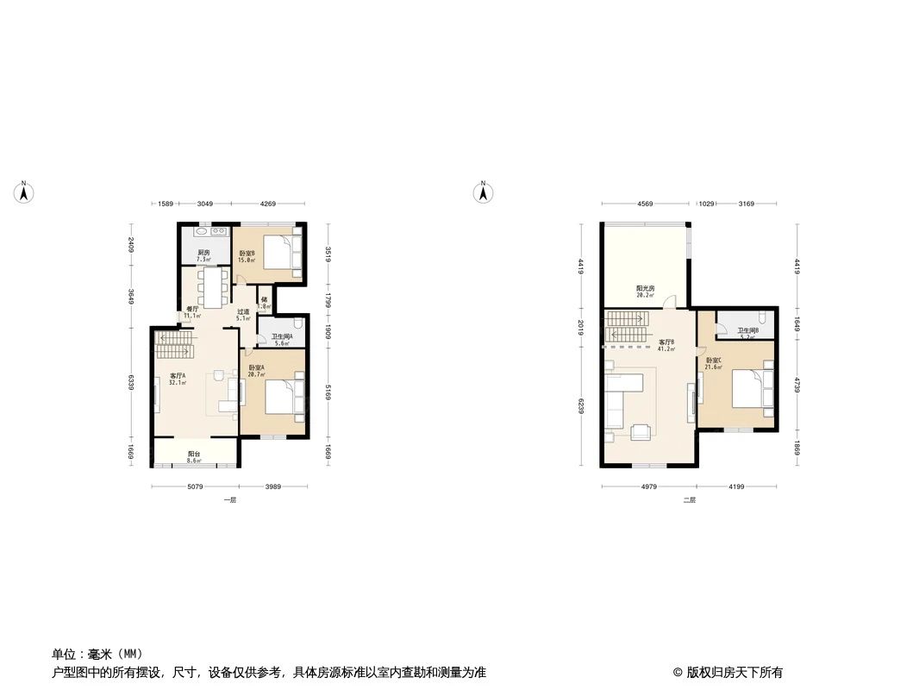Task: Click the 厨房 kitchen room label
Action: (203, 253)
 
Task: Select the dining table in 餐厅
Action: (212, 285)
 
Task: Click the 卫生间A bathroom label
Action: (282, 337)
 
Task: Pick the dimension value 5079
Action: (195, 487)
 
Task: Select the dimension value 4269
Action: (268, 204)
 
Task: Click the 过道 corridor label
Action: (243, 312)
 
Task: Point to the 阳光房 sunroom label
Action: (645, 289)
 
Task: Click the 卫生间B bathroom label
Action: (747, 330)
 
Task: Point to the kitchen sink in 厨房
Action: (212, 231)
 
